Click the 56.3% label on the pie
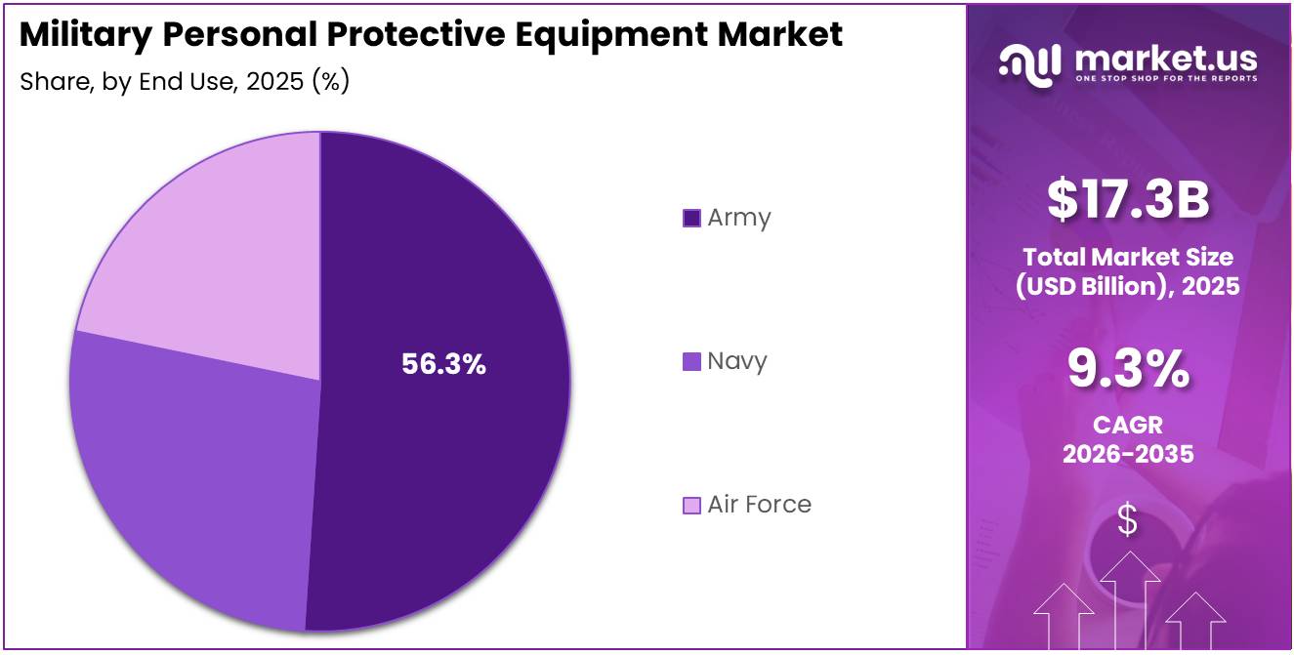[x=443, y=364]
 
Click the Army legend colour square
[x=691, y=218]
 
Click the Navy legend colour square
[x=691, y=361]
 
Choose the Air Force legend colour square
[x=691, y=505]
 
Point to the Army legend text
[x=739, y=218]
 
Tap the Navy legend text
[x=737, y=361]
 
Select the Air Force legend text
[x=759, y=505]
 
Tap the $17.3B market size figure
[x=1128, y=199]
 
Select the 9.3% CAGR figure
[x=1128, y=370]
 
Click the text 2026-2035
[x=1128, y=454]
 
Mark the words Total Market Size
[x=1128, y=257]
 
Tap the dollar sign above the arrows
[x=1128, y=520]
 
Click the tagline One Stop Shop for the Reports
[x=1165, y=78]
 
